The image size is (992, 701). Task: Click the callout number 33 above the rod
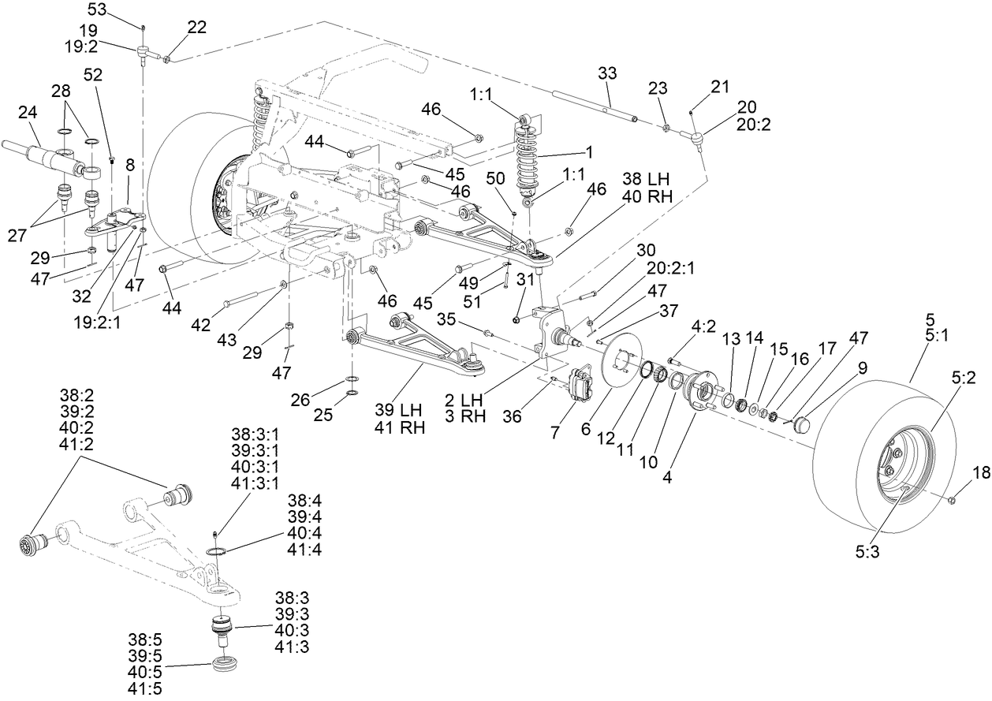607,73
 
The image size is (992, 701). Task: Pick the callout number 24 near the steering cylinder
28,113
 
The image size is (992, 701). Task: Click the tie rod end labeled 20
698,140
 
